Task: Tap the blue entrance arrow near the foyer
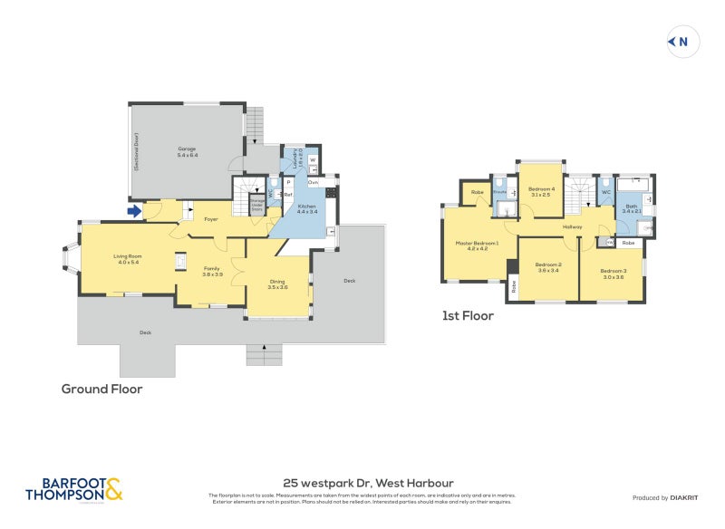(134, 212)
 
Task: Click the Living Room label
(127, 259)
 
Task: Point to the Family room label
(211, 271)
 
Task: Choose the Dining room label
(277, 284)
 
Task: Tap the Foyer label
(210, 219)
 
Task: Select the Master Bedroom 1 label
(478, 245)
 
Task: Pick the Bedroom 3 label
(613, 274)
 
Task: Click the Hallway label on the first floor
(572, 226)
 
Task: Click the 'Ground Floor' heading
(101, 390)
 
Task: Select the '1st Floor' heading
(468, 316)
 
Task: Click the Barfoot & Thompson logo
(73, 489)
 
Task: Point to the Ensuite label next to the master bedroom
(499, 193)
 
